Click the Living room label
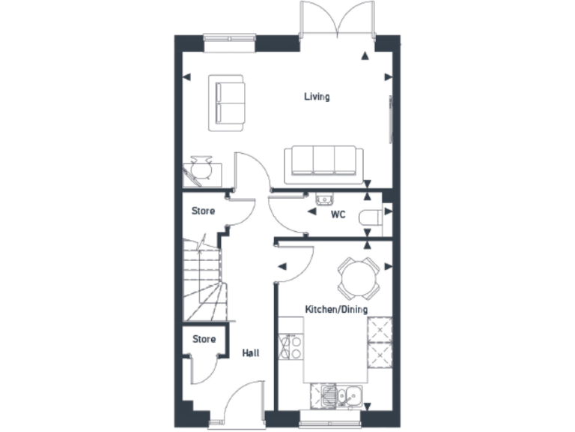[x=317, y=97]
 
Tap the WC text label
[x=338, y=214]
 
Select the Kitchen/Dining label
[x=336, y=309]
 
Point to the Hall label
[x=251, y=352]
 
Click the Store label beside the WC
[x=204, y=211]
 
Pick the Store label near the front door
[x=204, y=339]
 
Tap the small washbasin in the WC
[x=324, y=199]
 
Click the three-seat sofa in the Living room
[x=323, y=163]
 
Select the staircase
[x=201, y=283]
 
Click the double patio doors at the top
[x=337, y=22]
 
